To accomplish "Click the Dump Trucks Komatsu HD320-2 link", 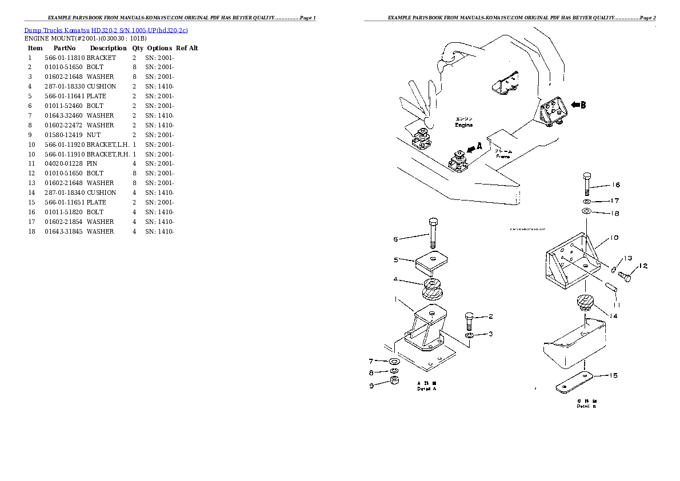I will coord(106,30).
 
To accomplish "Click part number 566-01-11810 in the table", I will coord(64,58).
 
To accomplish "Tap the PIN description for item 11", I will coord(92,164).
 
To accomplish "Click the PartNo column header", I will coord(64,48).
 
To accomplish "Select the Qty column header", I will coord(138,48).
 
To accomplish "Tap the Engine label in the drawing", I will coord(463,125).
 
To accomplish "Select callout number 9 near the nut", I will coord(371,386).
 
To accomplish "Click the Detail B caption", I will coord(586,406).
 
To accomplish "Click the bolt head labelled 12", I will coord(625,278).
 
